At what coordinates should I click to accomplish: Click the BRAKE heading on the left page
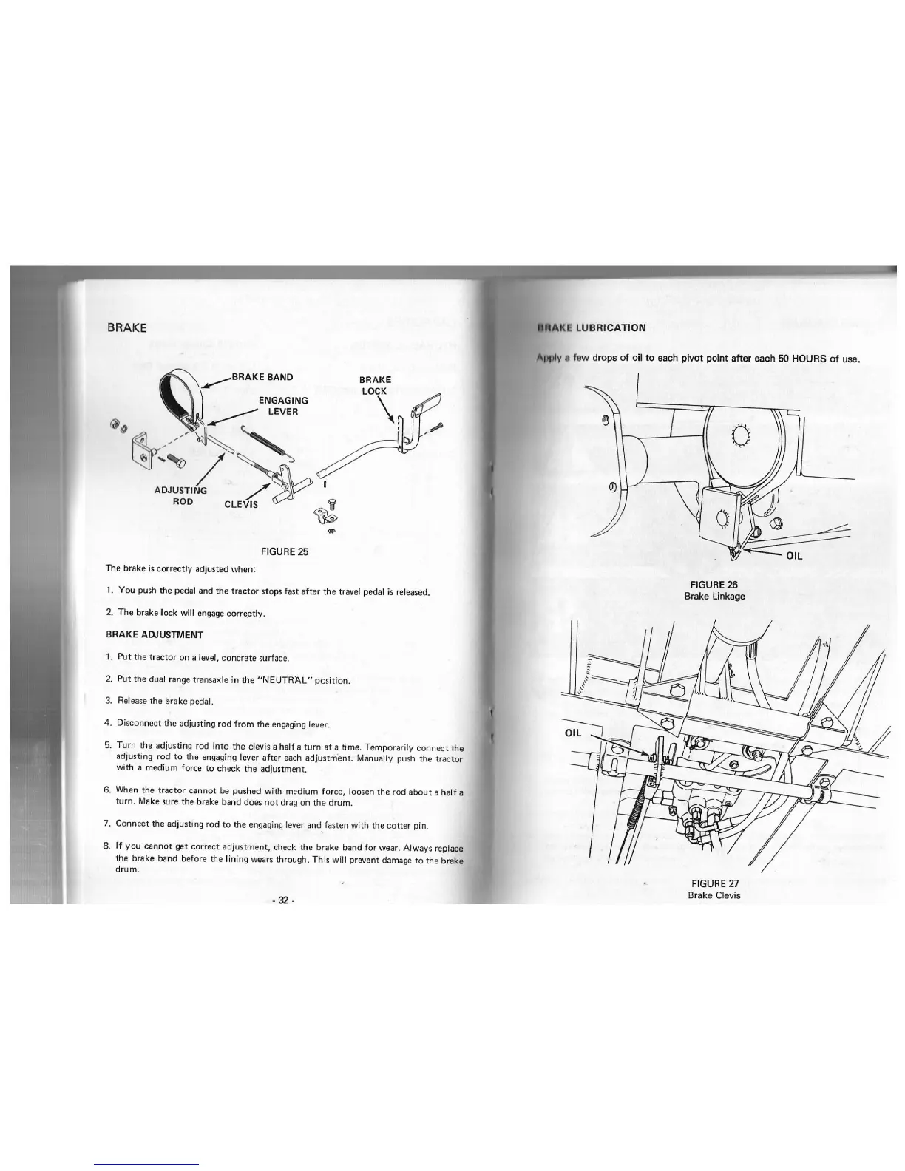click(x=126, y=327)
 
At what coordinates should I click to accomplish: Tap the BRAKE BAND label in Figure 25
click(x=262, y=376)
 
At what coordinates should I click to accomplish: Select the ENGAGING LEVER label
click(x=283, y=406)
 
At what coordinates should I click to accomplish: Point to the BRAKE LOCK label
click(x=375, y=385)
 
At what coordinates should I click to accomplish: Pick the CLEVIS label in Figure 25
click(x=241, y=505)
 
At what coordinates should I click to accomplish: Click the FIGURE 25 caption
click(x=285, y=551)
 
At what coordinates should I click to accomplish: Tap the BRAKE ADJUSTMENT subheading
click(x=155, y=634)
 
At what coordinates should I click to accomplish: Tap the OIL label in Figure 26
click(x=793, y=556)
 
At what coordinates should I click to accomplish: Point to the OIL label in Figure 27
click(x=574, y=733)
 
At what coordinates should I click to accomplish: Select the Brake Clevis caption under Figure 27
click(x=714, y=895)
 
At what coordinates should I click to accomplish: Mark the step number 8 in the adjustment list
click(x=108, y=846)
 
